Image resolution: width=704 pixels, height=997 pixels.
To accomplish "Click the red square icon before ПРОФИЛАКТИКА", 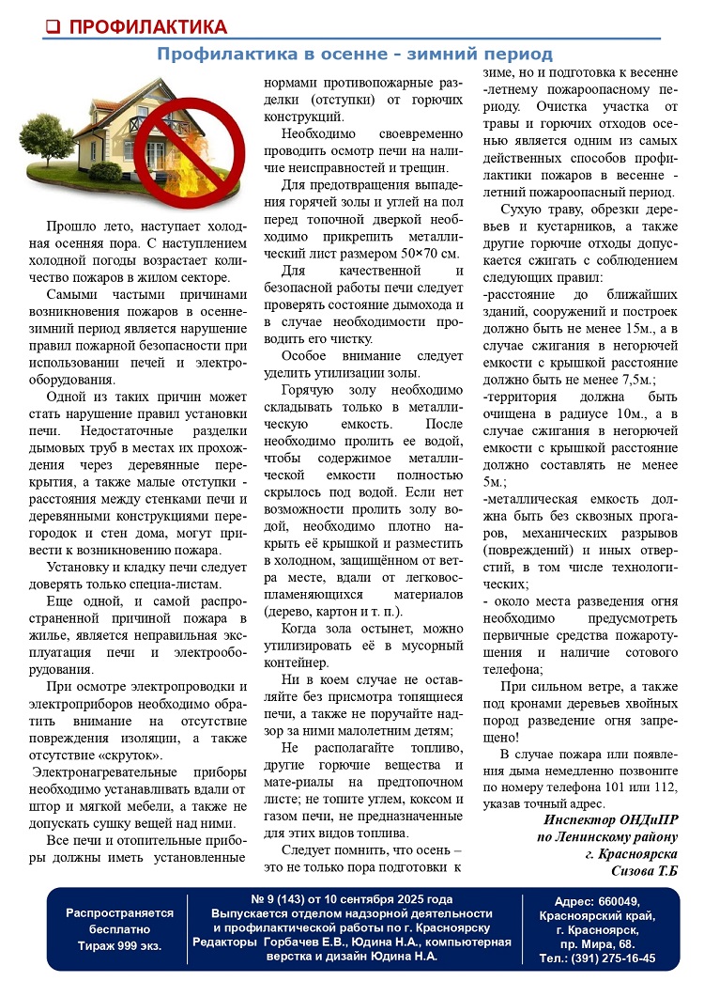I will pyautogui.click(x=54, y=25).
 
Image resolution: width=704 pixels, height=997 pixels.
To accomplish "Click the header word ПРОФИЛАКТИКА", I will pyautogui.click(x=148, y=25).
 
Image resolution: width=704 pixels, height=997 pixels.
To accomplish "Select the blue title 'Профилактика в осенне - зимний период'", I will pyautogui.click(x=354, y=55).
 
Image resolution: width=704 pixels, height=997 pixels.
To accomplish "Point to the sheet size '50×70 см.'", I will pyautogui.click(x=420, y=255).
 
